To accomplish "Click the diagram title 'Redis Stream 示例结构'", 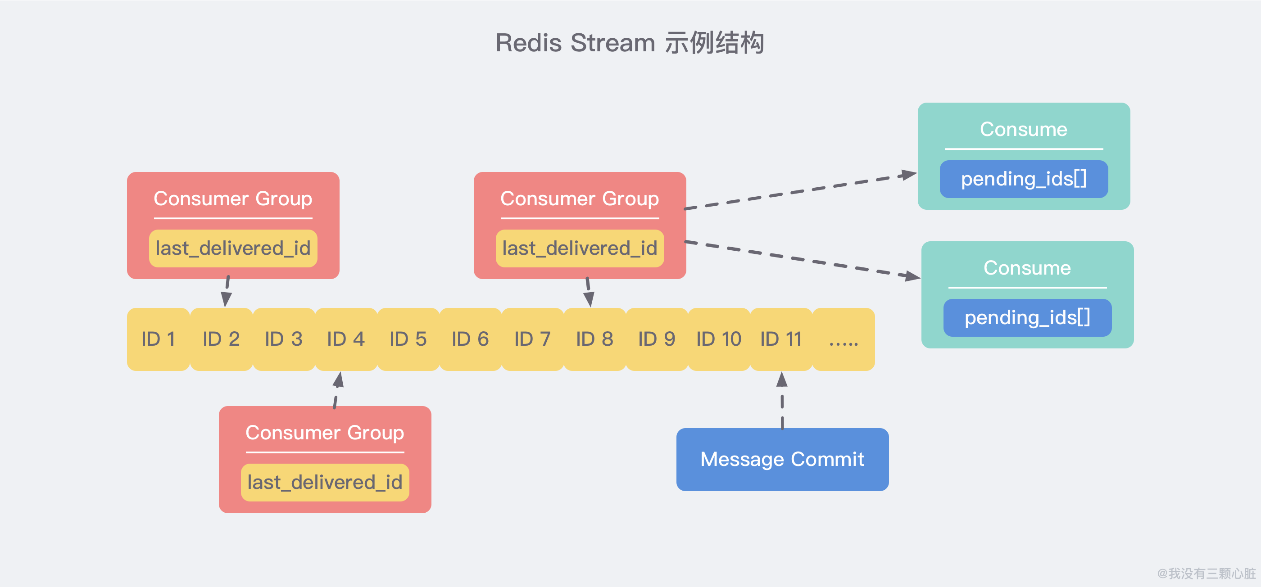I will (630, 43).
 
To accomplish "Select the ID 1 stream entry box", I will (158, 339).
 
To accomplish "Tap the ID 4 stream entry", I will (346, 339).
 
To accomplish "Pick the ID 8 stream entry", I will (595, 339).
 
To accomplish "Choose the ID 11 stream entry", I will (781, 339).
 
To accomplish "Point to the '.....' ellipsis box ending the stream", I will (844, 339).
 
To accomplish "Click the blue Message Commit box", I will (782, 459).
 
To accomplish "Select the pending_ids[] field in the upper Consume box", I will (1024, 179).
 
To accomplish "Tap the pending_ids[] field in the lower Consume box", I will (1028, 318).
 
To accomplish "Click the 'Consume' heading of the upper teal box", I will (1024, 130).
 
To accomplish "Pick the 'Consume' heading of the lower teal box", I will (1028, 268).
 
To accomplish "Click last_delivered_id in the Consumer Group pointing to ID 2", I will (233, 248).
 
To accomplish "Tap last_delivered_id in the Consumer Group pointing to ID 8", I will (580, 248).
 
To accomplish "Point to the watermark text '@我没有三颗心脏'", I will (1206, 573).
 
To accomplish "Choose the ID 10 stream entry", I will (719, 339).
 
